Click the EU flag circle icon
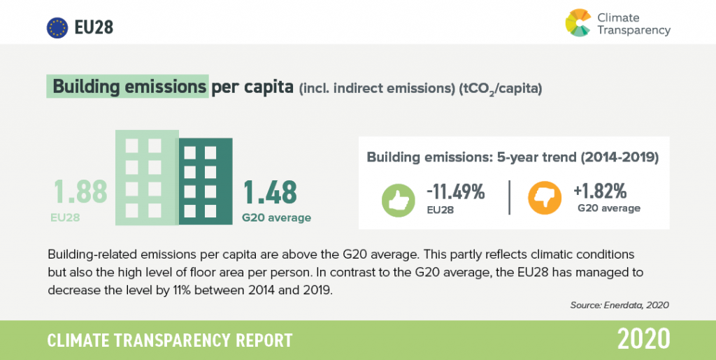(57, 28)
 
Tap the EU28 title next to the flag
(94, 28)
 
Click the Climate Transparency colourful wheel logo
(578, 23)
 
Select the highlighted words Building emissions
(129, 87)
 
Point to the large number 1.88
(81, 192)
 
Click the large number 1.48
(270, 192)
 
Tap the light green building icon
(147, 178)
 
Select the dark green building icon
(206, 181)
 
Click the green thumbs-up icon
(398, 201)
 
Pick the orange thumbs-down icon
(545, 198)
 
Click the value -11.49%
(455, 192)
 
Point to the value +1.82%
(600, 191)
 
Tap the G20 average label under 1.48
(276, 217)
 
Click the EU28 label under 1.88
(65, 217)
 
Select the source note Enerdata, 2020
(636, 305)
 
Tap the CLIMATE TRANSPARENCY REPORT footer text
(170, 340)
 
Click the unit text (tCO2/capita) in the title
(501, 89)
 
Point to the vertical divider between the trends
(509, 197)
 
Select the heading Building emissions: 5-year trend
(471, 157)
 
